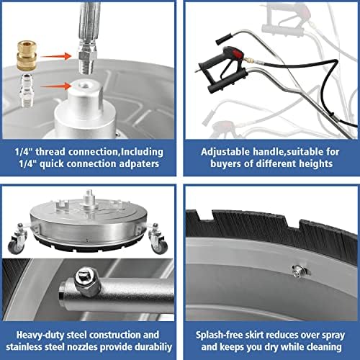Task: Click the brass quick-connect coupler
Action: coord(27,56)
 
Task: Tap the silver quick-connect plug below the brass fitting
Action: coord(27,90)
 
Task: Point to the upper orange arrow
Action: coord(56,56)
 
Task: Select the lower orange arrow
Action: coord(56,86)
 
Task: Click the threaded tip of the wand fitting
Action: coord(86,67)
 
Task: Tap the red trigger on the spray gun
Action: coord(235,53)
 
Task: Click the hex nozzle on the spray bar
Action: coord(87,282)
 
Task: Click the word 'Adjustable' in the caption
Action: coord(225,152)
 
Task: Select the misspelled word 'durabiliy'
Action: coord(153,347)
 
